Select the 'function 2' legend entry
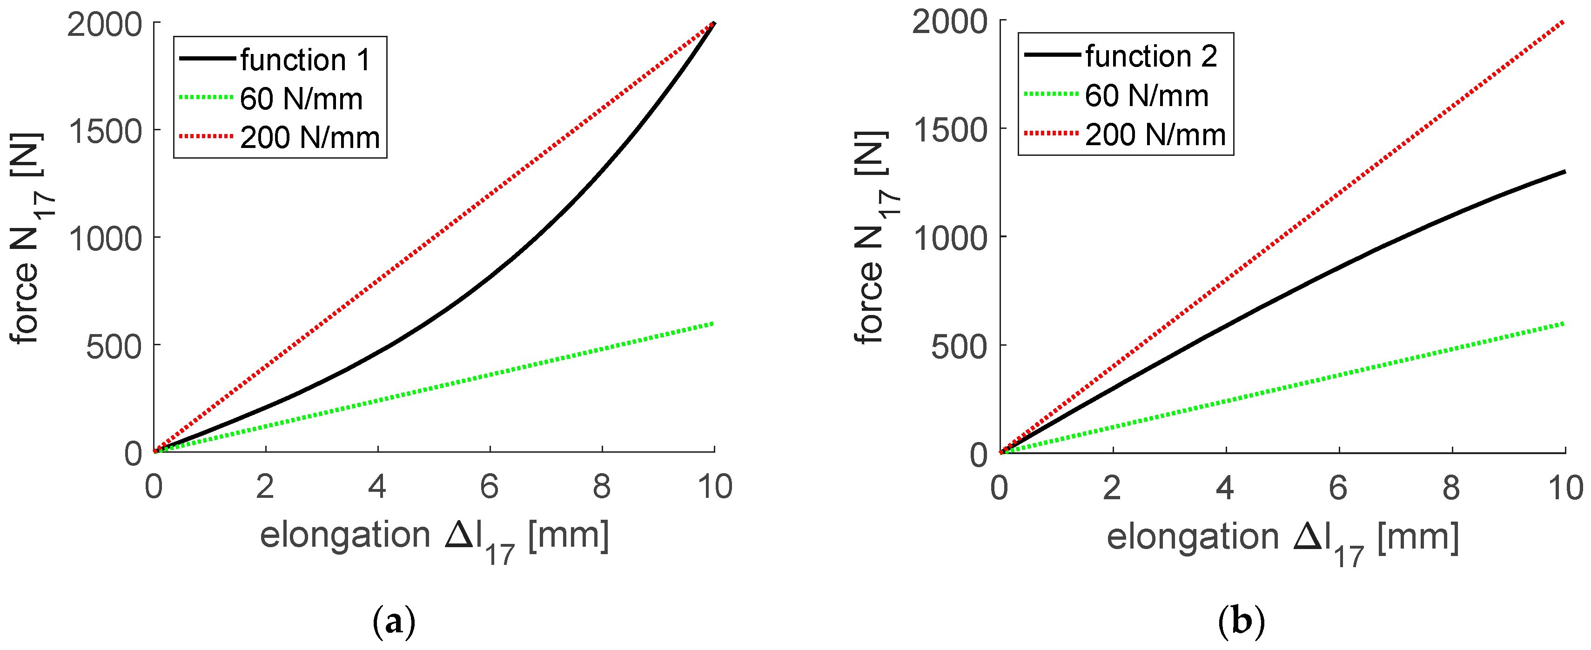click(x=1151, y=56)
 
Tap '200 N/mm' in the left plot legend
click(x=309, y=137)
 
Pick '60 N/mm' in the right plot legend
click(x=1146, y=96)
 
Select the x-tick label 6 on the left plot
click(x=489, y=487)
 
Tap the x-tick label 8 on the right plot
click(x=1451, y=488)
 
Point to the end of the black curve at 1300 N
click(x=1564, y=172)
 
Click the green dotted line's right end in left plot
click(x=713, y=323)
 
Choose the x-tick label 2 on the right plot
click(x=1112, y=488)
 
